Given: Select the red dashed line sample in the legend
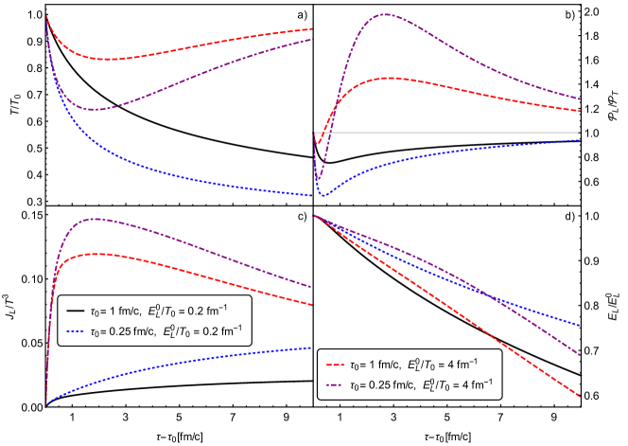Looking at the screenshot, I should pyautogui.click(x=333, y=364).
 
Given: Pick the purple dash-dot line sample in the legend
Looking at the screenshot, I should pyautogui.click(x=333, y=385).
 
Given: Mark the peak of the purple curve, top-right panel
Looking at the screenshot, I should pyautogui.click(x=385, y=14).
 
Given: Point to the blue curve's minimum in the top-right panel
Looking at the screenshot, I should pyautogui.click(x=323, y=195).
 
